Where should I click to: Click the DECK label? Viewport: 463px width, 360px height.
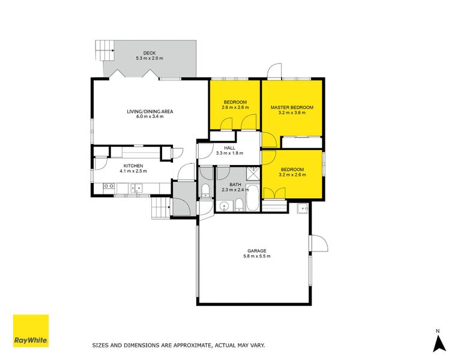pos(150,53)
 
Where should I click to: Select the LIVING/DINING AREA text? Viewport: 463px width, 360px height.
pos(150,111)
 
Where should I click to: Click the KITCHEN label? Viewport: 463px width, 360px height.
pos(133,166)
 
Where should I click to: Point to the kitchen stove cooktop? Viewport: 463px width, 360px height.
pos(109,187)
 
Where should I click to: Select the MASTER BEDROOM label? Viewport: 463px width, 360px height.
pos(292,107)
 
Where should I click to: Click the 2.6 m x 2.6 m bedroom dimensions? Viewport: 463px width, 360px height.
pos(235,107)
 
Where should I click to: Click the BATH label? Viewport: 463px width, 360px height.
pos(235,185)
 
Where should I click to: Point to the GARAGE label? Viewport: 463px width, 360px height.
pos(256,251)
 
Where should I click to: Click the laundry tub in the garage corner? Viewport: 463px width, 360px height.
pos(301,208)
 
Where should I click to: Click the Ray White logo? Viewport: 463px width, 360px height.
pos(31,331)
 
